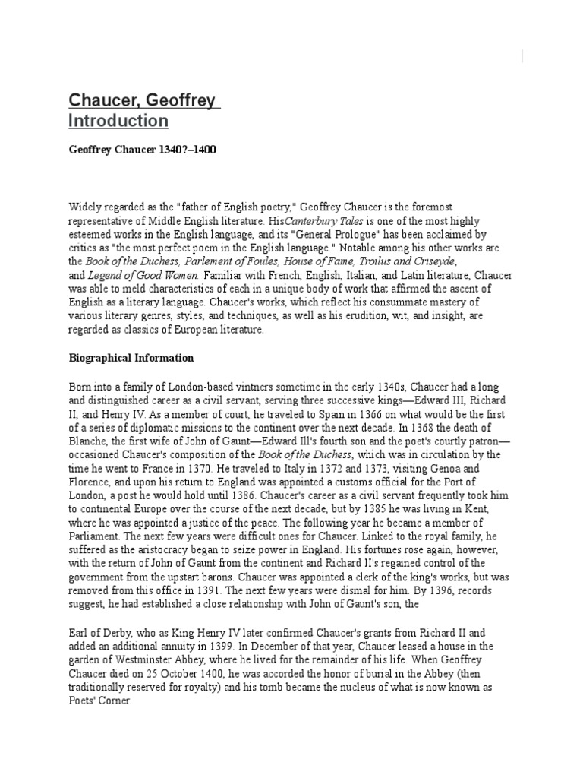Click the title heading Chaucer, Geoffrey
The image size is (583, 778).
click(142, 100)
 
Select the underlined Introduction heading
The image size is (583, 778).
click(118, 121)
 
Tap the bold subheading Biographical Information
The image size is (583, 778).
click(131, 357)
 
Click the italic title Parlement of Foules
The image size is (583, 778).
click(245, 261)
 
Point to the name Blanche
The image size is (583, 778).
click(88, 441)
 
